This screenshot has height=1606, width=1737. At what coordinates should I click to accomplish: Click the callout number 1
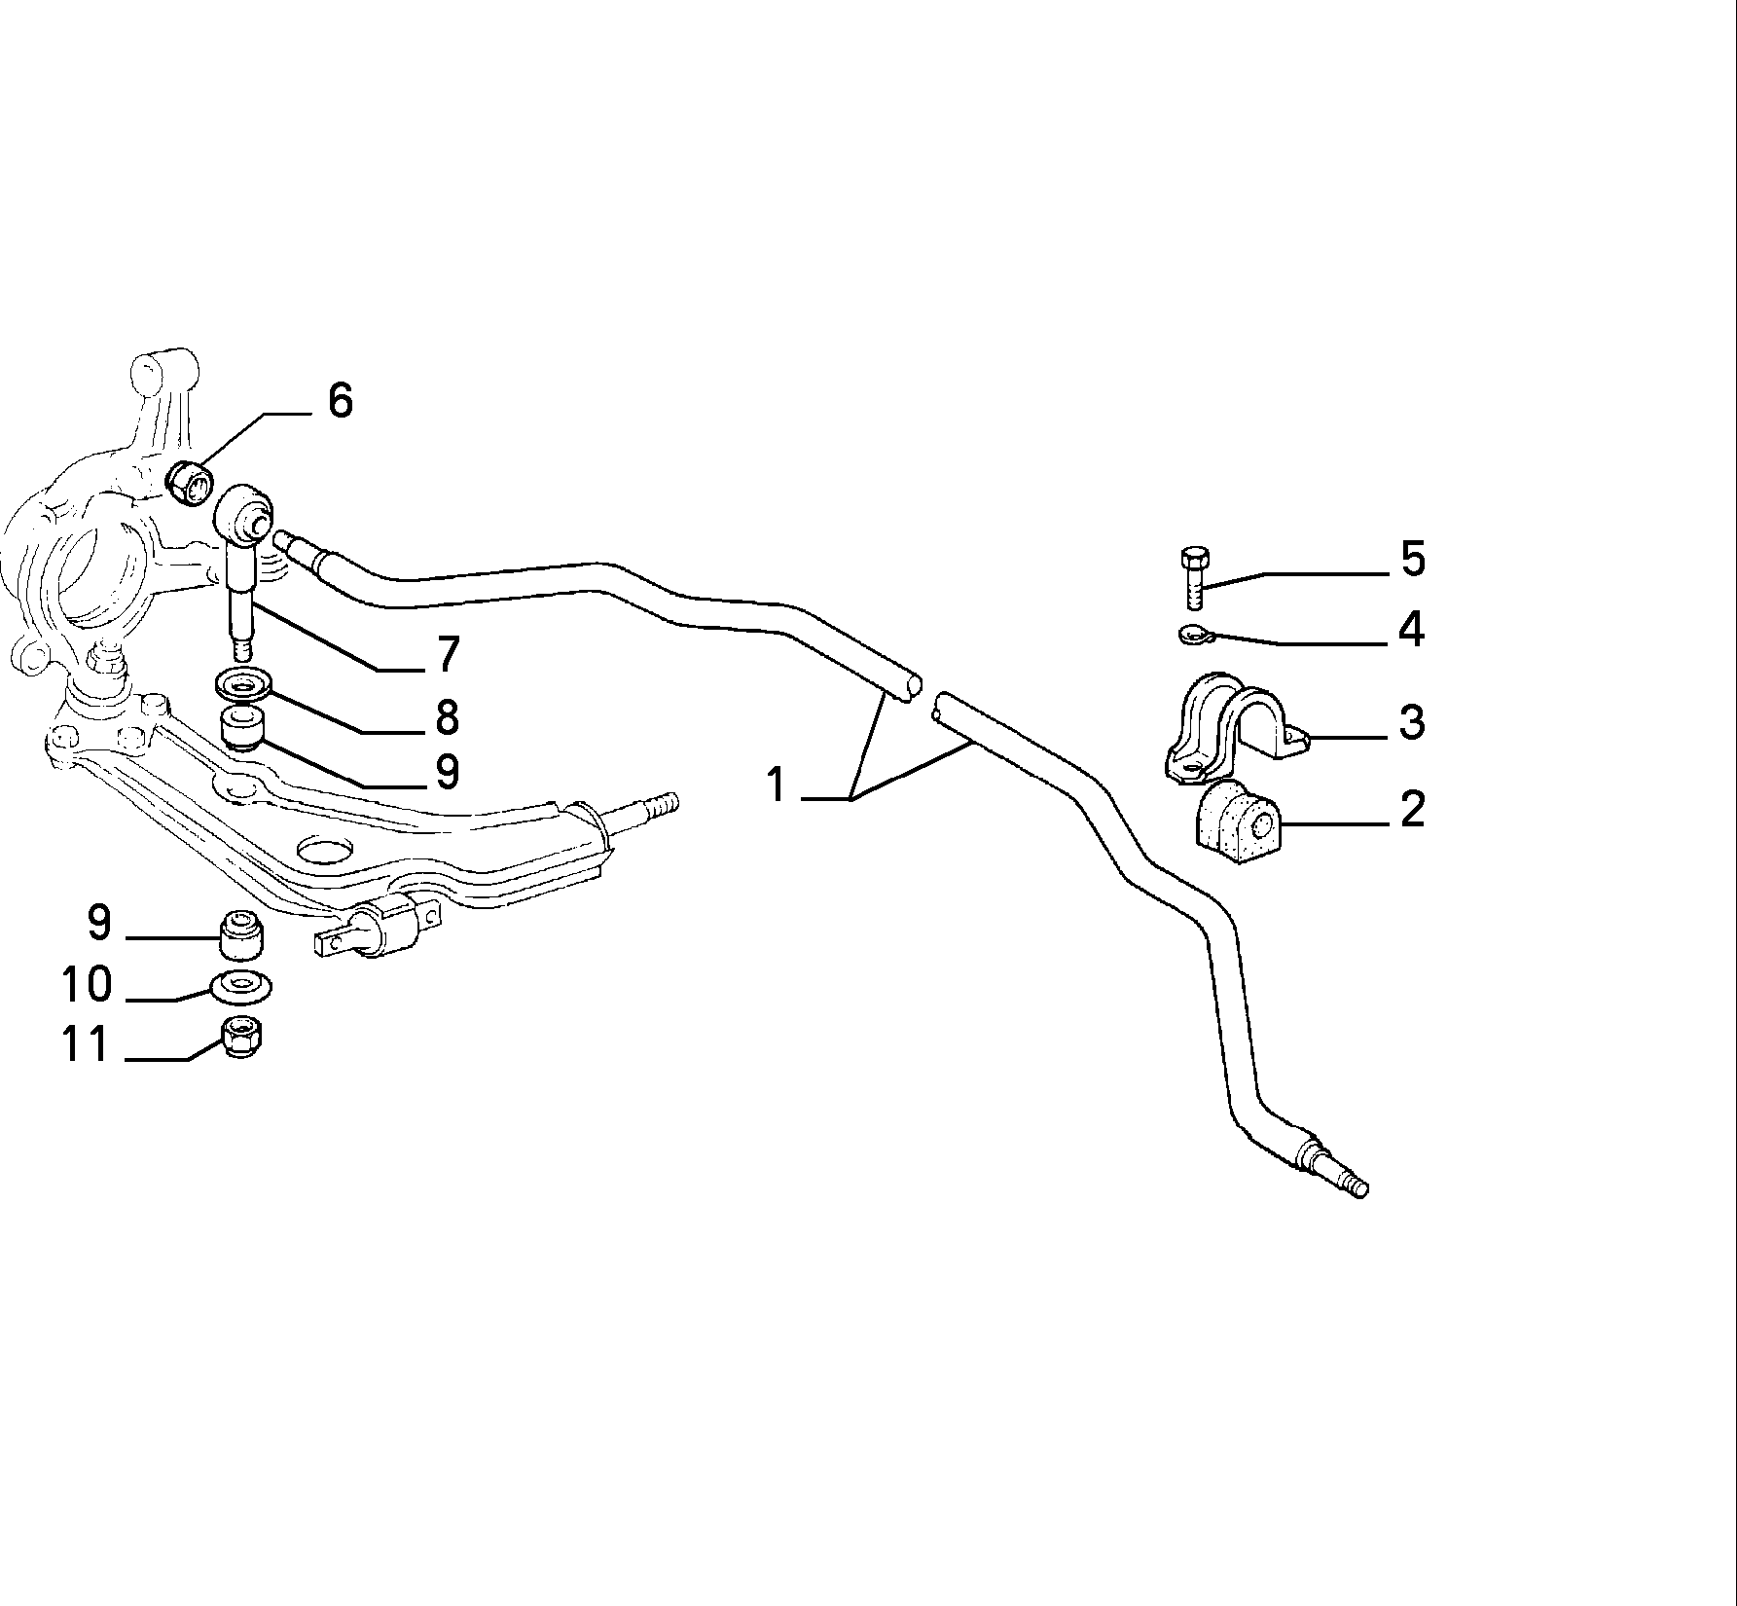coord(776,785)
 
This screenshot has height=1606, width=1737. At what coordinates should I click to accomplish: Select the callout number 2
coord(1412,809)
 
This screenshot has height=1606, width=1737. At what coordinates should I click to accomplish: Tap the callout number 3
coord(1412,722)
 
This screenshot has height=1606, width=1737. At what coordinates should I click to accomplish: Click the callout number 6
coord(340,400)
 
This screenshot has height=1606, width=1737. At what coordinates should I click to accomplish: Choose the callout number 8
coord(447,718)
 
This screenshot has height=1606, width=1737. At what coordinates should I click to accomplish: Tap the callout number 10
coord(87,984)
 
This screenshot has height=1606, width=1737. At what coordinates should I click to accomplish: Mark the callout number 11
coord(86,1044)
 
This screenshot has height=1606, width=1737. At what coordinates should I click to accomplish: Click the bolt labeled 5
coord(1194,577)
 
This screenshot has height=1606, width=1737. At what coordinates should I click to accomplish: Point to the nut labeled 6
coord(191,482)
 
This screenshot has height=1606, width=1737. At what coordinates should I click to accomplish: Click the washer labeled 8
coord(242,685)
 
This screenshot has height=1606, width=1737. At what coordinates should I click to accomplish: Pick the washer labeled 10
coord(241,986)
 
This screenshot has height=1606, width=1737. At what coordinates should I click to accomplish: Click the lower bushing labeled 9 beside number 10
coord(242,933)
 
